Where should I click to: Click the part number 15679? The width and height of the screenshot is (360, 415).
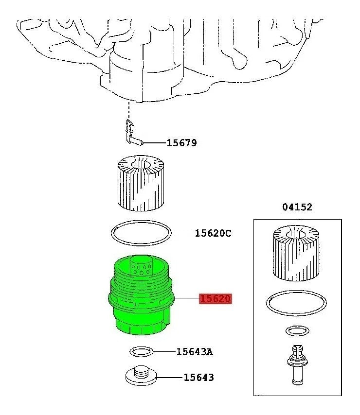(x=181, y=143)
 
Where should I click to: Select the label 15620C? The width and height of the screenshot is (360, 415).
(x=213, y=233)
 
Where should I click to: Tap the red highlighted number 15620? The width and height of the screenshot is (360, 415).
(x=215, y=299)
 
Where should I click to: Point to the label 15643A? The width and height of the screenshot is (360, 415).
(x=194, y=351)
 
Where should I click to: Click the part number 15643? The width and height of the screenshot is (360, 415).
(x=198, y=377)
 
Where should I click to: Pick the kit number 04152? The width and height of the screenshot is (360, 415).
(x=297, y=207)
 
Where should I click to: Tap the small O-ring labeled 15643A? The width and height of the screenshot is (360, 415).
(x=142, y=351)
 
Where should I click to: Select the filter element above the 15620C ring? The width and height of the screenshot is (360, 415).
(x=141, y=183)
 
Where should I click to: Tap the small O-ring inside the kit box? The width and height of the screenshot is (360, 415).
(x=296, y=331)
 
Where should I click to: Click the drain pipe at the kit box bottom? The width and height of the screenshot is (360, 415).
(x=296, y=364)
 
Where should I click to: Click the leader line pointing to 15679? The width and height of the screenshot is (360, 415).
(x=153, y=143)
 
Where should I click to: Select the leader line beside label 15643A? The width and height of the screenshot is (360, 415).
(x=164, y=351)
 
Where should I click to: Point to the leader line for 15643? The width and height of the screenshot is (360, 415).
(x=170, y=377)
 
